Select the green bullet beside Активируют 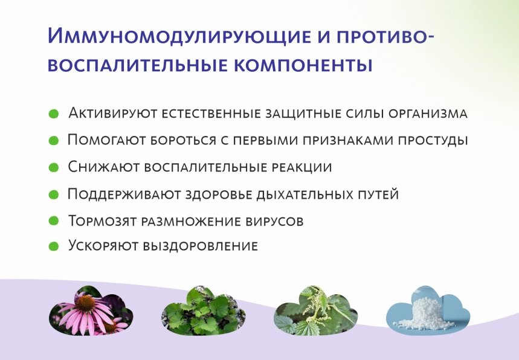tap(53, 114)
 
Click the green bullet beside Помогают tap(53, 141)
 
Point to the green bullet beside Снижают tap(53, 167)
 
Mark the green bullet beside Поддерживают tap(53, 194)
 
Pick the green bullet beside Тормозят tap(53, 220)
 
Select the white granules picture tap(427, 311)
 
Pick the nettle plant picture tap(315, 311)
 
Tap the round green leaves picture tap(203, 311)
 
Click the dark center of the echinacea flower tap(86, 302)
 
